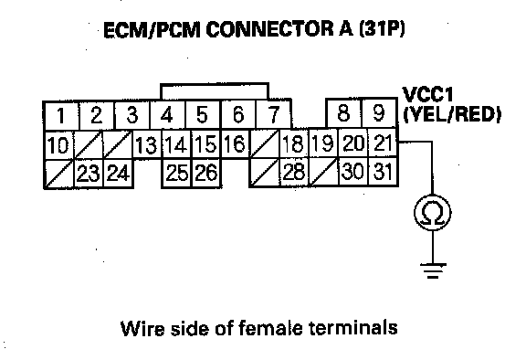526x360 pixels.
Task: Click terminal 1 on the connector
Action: (61, 115)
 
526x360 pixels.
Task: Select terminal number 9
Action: (379, 112)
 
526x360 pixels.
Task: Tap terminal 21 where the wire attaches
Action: (383, 143)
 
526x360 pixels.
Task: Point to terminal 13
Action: (147, 144)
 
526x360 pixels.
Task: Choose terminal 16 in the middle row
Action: (235, 144)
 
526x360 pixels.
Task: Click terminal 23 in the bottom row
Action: (89, 174)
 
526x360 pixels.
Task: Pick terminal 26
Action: (206, 173)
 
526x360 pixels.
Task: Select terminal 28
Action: (294, 172)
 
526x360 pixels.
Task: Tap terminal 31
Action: (383, 171)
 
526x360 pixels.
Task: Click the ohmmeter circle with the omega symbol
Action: (433, 214)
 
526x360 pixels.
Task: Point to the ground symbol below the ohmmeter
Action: (433, 270)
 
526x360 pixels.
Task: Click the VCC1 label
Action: (427, 95)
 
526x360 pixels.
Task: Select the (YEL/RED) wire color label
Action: (452, 114)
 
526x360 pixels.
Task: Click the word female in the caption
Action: (270, 328)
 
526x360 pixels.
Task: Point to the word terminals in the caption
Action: (352, 328)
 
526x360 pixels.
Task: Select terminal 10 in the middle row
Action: (58, 145)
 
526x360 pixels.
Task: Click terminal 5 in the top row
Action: (203, 114)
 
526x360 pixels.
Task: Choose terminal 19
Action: (323, 143)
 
